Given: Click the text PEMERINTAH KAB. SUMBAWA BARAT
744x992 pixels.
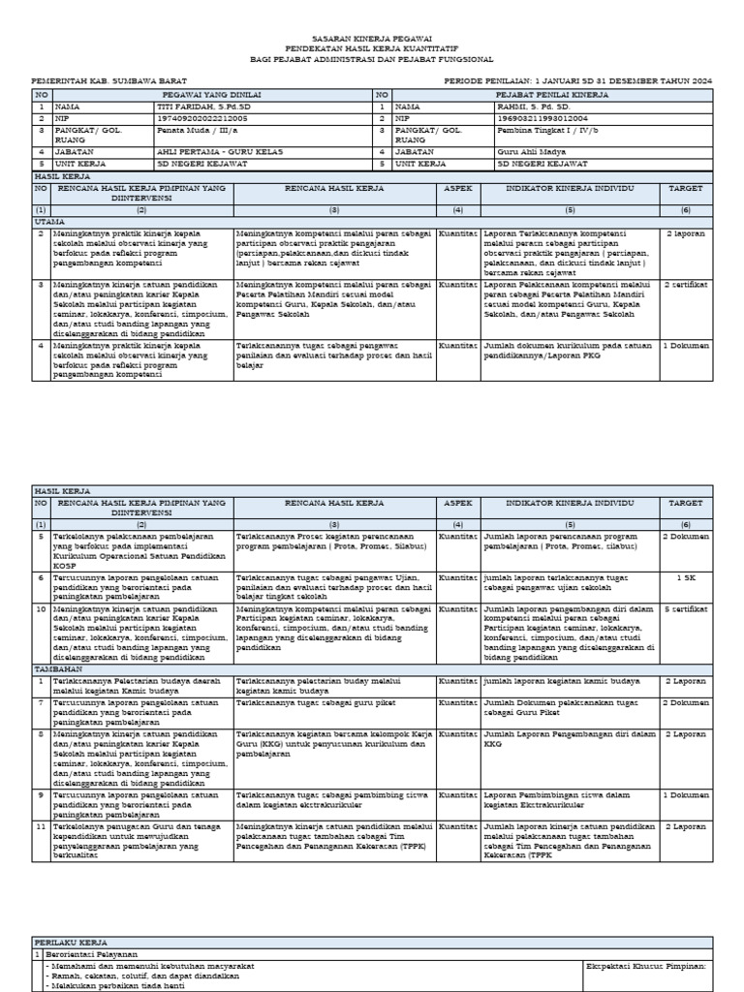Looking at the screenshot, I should click(x=109, y=81).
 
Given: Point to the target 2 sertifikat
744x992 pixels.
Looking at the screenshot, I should click(x=686, y=285).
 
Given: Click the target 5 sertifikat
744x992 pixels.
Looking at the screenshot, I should click(x=686, y=608).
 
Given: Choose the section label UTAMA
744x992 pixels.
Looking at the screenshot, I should click(x=47, y=222).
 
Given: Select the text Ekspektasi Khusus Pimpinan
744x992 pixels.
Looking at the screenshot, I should click(x=647, y=966).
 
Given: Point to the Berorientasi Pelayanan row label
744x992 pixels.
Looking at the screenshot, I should click(x=86, y=953).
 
